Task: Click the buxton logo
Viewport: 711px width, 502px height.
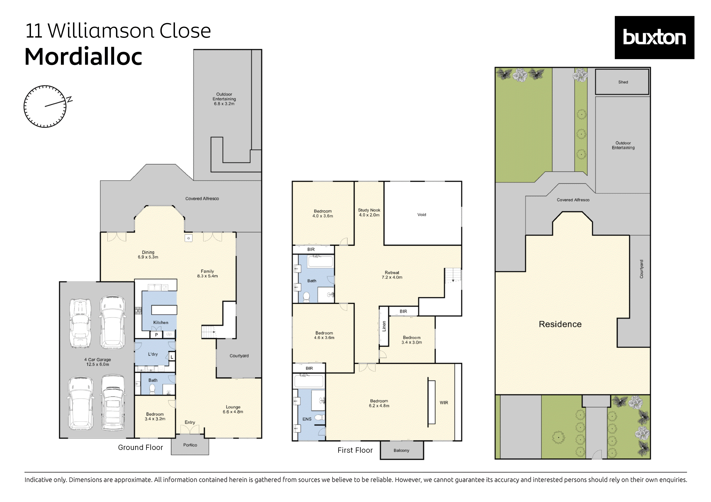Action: coord(654,38)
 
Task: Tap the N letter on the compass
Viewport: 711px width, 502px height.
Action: coord(70,99)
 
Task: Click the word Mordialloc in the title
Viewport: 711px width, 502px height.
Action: coord(83,57)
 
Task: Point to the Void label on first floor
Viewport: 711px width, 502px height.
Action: coord(422,214)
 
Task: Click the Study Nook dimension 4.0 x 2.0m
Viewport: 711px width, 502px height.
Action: coord(369,215)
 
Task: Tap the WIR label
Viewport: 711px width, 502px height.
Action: coord(443,403)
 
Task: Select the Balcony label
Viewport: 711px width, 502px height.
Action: coord(401,450)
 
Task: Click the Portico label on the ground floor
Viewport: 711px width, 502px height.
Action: coord(190,445)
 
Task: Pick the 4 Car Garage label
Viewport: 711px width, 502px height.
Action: coord(97,360)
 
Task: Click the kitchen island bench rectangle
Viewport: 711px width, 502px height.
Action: coord(164,310)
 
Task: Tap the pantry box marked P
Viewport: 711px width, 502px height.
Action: coord(156,334)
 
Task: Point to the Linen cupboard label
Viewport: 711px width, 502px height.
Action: coord(384,326)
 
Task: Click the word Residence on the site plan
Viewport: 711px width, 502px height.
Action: coord(560,324)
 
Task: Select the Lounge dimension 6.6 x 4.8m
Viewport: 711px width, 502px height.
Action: coord(233,412)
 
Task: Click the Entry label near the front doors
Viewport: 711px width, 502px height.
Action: coord(190,422)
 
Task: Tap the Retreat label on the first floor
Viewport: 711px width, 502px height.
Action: coord(392,272)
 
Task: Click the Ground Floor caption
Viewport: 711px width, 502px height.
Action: coord(140,447)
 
